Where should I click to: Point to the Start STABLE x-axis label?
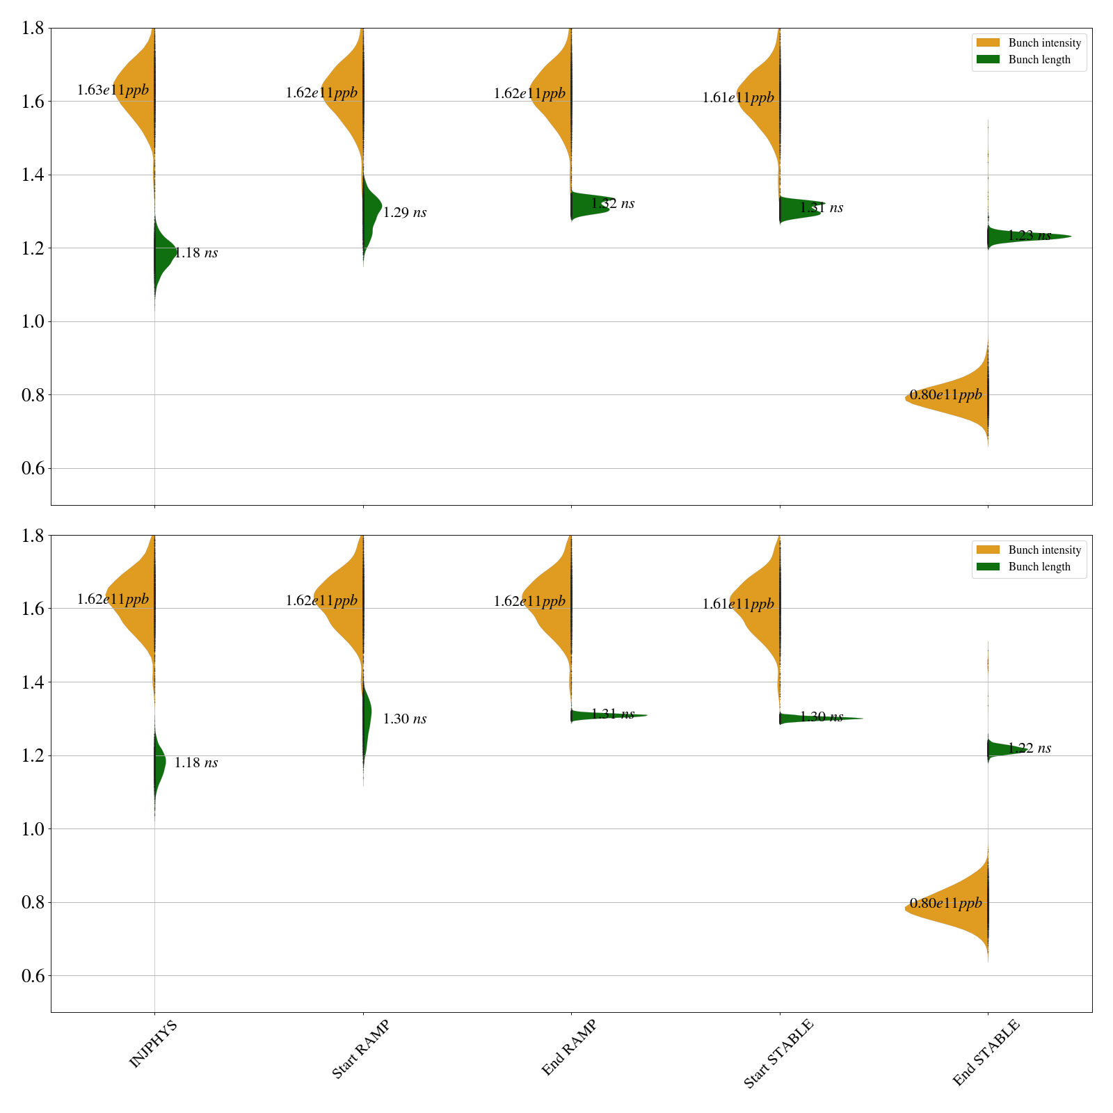point(778,1054)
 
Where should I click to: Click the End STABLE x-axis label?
point(986,1052)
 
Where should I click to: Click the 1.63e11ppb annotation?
point(113,90)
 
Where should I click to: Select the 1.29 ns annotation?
point(405,213)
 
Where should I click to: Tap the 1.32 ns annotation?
point(613,204)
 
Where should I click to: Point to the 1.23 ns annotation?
point(1030,236)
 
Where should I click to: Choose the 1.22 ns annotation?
point(1030,748)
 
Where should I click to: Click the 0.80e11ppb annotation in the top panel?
point(946,395)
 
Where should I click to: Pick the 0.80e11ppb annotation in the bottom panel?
point(946,904)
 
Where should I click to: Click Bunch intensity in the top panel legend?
point(1044,43)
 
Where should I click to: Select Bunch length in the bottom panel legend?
point(1039,567)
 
